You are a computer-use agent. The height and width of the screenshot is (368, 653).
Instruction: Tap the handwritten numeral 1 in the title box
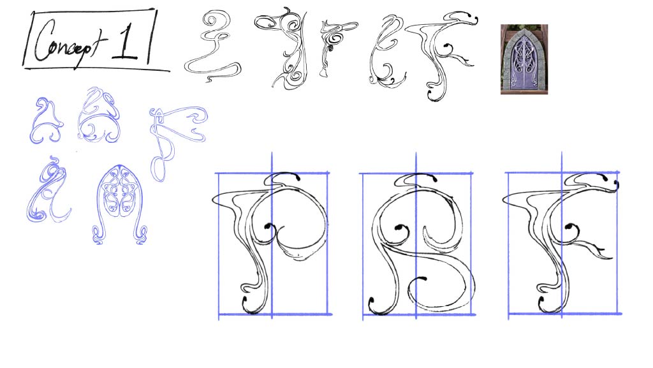[x=126, y=41]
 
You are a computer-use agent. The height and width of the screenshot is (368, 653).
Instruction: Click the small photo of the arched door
[x=524, y=59]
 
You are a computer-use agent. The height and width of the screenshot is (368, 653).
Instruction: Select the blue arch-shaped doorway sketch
[x=119, y=204]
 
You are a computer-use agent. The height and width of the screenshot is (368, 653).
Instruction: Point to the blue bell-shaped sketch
[x=46, y=121]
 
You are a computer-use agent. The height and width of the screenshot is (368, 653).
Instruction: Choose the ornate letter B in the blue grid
[x=421, y=244]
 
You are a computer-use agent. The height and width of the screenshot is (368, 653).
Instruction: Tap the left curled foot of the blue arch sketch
[x=98, y=235]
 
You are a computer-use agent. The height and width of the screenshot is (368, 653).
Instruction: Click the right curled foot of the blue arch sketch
[x=141, y=235]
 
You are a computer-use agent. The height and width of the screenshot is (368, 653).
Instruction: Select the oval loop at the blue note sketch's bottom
[x=158, y=169]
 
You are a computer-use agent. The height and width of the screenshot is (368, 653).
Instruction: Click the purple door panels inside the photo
[x=524, y=63]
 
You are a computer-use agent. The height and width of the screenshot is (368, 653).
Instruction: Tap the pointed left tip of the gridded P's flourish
[x=213, y=200]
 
